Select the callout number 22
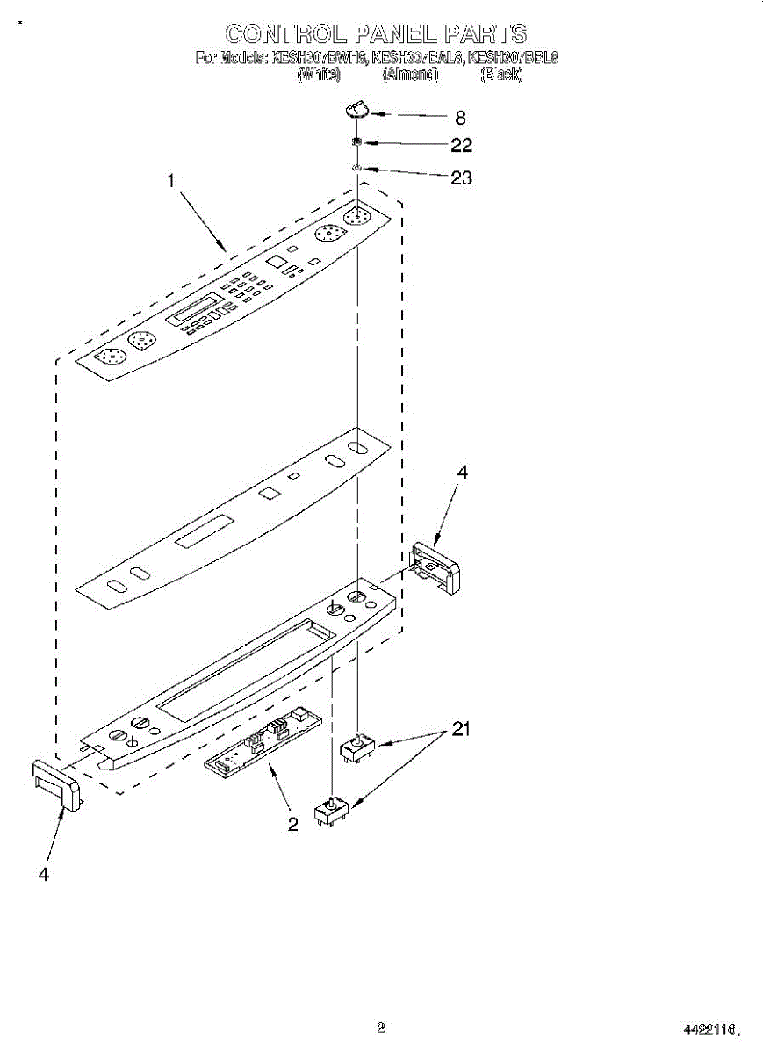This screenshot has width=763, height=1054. [461, 145]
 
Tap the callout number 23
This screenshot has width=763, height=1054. [461, 177]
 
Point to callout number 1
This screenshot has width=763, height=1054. [171, 182]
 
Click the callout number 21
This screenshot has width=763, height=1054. [461, 728]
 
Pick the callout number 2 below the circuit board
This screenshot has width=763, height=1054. [292, 823]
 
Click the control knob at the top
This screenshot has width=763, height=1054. [356, 109]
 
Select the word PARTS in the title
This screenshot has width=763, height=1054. [485, 34]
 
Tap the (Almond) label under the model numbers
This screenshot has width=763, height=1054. [410, 76]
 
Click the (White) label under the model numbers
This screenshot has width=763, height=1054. [319, 76]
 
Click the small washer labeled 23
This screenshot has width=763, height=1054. [357, 167]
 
